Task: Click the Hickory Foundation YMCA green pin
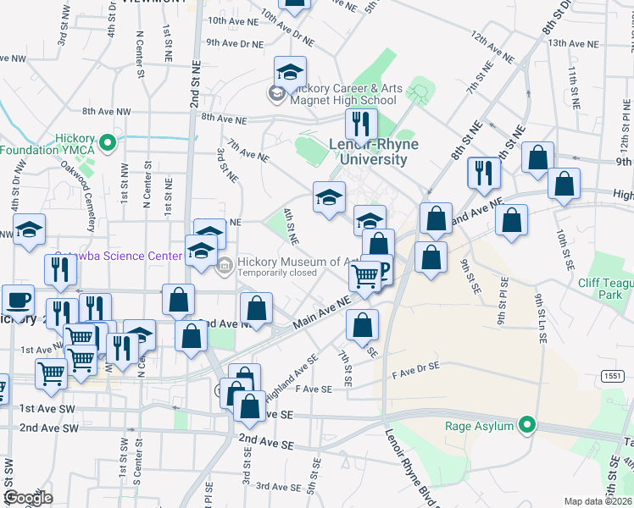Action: (x=108, y=143)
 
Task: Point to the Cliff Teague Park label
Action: (x=605, y=289)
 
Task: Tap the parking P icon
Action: (x=382, y=270)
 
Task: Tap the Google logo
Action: (x=27, y=498)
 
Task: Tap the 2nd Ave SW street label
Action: (x=48, y=428)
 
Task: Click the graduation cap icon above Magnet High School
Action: (x=289, y=70)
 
